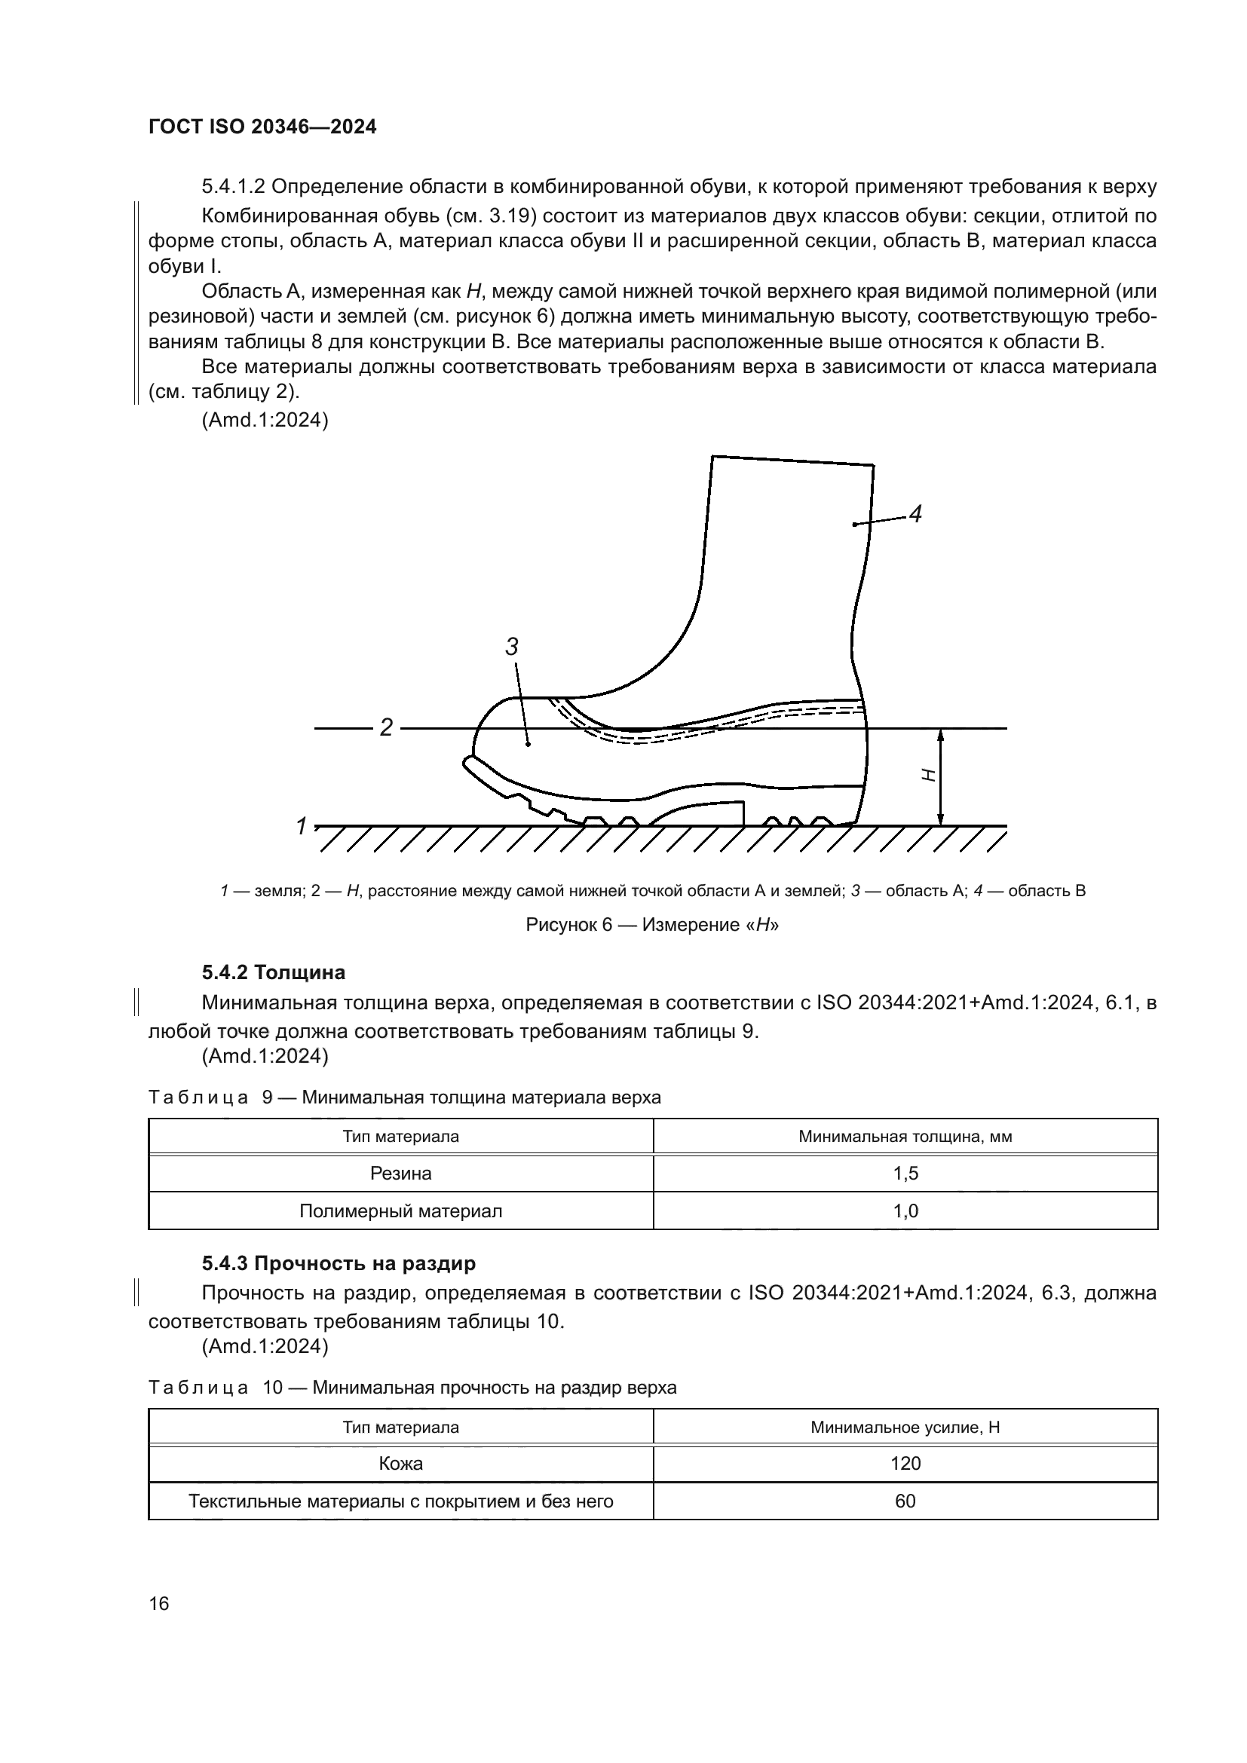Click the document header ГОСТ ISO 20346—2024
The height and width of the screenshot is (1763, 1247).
(262, 127)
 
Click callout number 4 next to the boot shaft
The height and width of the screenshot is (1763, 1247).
(915, 514)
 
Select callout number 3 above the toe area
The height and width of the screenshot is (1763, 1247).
(511, 647)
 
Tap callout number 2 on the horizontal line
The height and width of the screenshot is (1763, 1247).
(386, 727)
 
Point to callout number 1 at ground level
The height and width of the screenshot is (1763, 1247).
(302, 826)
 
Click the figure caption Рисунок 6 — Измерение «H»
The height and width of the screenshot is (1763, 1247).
(652, 925)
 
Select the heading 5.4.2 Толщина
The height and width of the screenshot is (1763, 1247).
(274, 972)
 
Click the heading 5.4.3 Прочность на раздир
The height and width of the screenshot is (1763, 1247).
(339, 1263)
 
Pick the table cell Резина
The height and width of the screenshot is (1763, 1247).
(401, 1174)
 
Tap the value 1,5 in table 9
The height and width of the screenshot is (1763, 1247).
(905, 1174)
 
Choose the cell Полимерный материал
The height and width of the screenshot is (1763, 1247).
(401, 1211)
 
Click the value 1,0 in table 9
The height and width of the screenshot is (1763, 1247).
(905, 1211)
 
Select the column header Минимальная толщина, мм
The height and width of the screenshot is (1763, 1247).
(905, 1137)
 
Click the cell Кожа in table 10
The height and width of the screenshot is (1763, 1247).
(401, 1463)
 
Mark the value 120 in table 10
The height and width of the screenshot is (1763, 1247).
(905, 1463)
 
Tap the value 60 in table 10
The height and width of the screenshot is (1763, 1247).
(905, 1501)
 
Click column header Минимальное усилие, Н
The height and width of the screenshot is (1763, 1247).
(905, 1427)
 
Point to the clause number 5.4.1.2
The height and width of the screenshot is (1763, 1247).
(234, 187)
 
